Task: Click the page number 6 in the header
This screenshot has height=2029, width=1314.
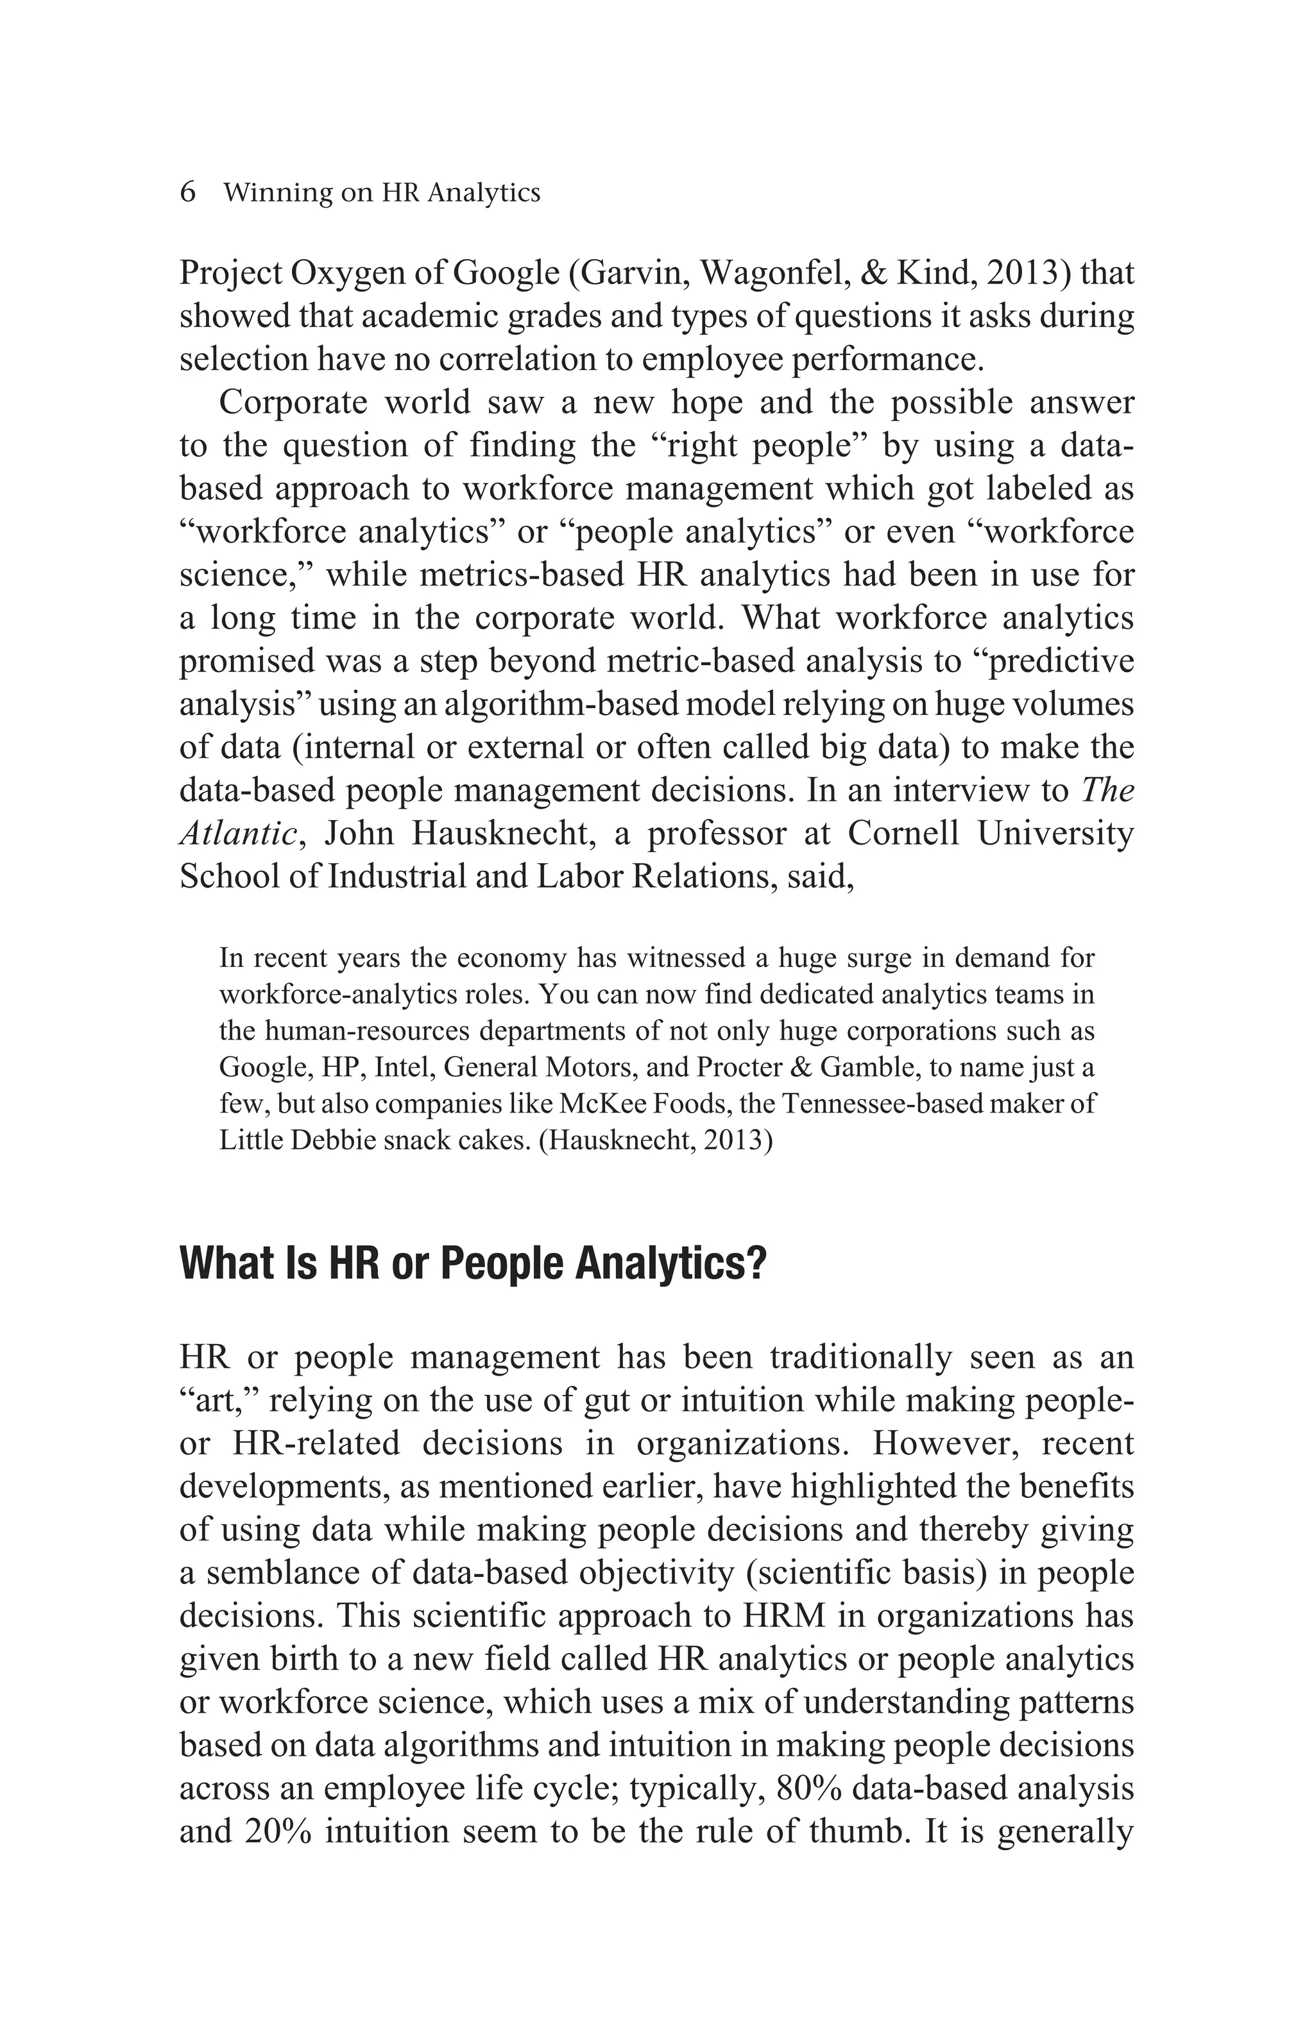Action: pos(187,192)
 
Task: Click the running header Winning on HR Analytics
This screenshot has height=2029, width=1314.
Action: pos(381,194)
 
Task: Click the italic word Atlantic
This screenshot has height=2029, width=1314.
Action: pos(237,833)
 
